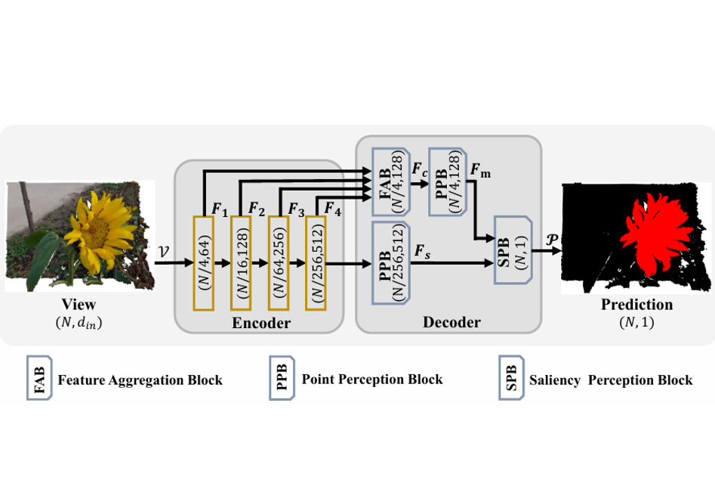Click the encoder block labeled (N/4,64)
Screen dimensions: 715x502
pos(204,264)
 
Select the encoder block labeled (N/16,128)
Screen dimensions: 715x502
pos(241,264)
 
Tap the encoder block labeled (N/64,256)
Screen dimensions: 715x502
pos(279,264)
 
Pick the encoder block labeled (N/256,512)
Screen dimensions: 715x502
pos(316,264)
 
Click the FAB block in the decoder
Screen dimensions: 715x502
pos(391,181)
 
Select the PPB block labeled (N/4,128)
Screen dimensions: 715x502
pos(448,181)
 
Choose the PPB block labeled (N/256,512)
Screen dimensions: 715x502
pos(391,263)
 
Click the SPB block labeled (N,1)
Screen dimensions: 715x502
pos(513,249)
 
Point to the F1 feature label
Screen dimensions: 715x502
pos(220,209)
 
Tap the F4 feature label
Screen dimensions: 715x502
pos(332,209)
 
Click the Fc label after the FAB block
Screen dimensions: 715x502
pos(420,169)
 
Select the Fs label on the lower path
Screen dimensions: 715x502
pos(422,251)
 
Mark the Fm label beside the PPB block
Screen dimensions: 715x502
pos(481,170)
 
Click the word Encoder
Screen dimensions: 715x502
pos(260,323)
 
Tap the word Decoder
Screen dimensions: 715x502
pos(451,322)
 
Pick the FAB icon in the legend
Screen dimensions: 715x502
pos(40,378)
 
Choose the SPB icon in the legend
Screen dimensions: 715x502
pos(512,378)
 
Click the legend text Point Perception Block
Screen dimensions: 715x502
pos(372,379)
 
